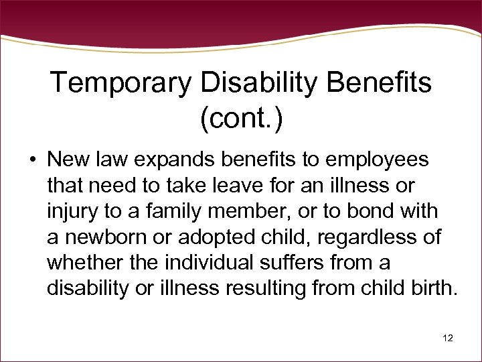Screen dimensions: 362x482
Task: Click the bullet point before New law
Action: coord(31,161)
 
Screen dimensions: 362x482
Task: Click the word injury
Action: coord(70,210)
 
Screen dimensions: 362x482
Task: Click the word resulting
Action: coord(267,288)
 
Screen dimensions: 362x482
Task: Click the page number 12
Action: coord(447,338)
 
